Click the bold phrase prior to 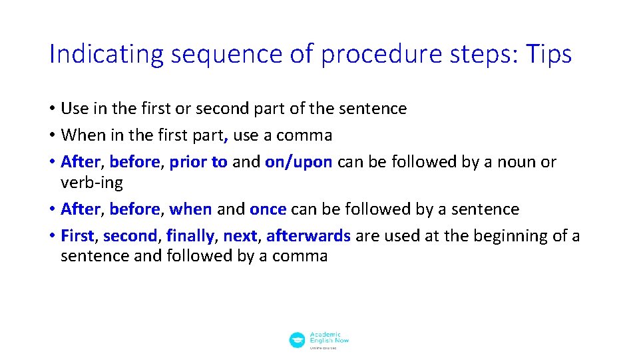[198, 162]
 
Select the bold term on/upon [298, 162]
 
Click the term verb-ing [92, 182]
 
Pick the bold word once [268, 209]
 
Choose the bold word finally [190, 236]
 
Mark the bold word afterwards [308, 236]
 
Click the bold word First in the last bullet [77, 236]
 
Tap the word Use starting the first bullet [73, 109]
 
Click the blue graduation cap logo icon [297, 340]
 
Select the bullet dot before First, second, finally [52, 236]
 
